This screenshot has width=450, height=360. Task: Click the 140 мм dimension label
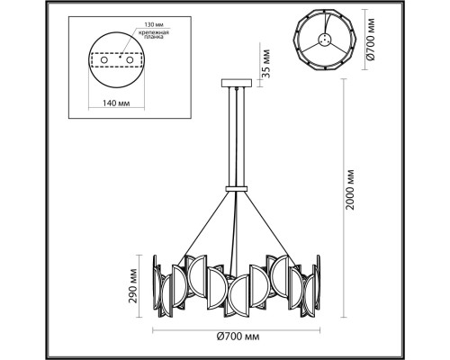pyautogui.click(x=116, y=103)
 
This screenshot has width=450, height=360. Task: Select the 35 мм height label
pyautogui.click(x=265, y=64)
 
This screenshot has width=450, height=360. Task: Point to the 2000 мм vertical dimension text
pyautogui.click(x=349, y=190)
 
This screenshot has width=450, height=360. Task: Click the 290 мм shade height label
pyautogui.click(x=132, y=286)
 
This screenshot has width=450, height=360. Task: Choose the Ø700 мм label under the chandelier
pyautogui.click(x=238, y=337)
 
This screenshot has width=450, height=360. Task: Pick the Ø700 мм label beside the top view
pyautogui.click(x=371, y=40)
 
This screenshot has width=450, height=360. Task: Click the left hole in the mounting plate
pyautogui.click(x=104, y=60)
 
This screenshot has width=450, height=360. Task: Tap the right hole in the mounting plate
pyautogui.click(x=130, y=60)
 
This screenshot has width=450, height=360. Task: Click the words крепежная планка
pyautogui.click(x=154, y=35)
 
